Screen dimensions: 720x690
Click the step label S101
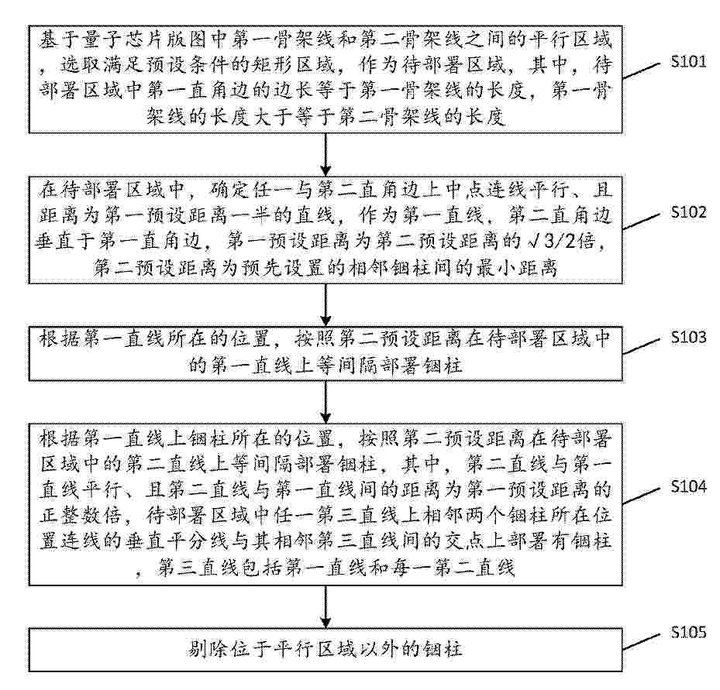tap(688, 61)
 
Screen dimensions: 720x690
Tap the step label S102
tap(688, 212)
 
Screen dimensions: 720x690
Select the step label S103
tap(688, 337)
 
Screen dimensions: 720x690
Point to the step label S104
tap(688, 486)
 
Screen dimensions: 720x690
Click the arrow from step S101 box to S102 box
tap(325, 155)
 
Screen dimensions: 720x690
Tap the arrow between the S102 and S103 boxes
tap(325, 304)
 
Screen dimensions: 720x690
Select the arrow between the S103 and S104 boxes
tap(325, 402)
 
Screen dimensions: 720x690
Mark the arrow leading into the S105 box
tap(325, 607)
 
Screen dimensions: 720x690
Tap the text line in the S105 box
tap(325, 649)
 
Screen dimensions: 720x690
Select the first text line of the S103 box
tap(325, 338)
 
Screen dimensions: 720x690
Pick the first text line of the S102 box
tap(325, 189)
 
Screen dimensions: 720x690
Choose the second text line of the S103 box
tap(325, 366)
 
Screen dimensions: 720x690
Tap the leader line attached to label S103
tap(642, 347)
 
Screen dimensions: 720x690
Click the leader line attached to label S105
tap(642, 642)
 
